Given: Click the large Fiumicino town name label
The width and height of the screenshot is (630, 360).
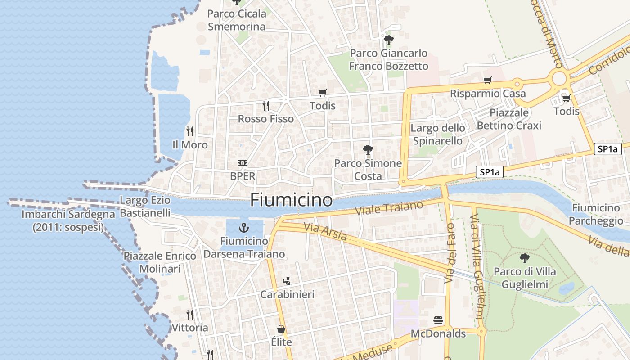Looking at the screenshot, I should tap(291, 200).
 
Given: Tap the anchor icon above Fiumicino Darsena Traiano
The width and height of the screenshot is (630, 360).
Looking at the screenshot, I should tap(244, 227).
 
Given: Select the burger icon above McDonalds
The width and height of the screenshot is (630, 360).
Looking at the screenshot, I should tap(438, 320).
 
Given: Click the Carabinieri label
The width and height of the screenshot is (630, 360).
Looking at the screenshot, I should tap(287, 294).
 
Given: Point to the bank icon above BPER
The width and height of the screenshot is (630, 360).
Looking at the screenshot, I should tap(243, 163).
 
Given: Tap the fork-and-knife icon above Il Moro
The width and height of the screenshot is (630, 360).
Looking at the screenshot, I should tap(190, 131).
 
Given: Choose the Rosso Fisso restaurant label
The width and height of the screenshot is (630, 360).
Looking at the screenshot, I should tap(265, 119).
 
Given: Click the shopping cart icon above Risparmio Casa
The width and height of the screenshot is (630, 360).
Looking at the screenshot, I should tap(487, 81).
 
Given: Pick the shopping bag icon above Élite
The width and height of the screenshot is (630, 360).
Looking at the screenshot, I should tap(281, 329).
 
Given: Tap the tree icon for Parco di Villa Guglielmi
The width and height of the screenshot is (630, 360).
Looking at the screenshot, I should tap(524, 258).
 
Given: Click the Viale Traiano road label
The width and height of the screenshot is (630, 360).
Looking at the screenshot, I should tap(389, 208).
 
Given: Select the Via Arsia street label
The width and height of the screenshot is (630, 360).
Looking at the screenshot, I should tap(325, 231).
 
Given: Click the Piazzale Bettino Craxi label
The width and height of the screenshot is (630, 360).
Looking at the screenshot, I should tap(509, 119).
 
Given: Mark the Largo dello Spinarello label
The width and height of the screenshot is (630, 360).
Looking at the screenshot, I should tap(437, 135).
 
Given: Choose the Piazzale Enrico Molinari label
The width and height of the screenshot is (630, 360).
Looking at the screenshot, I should tap(160, 262).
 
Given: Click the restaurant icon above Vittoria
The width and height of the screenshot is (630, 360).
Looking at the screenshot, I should tap(190, 314).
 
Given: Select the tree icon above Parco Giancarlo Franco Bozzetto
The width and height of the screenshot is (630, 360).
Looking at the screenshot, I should tap(389, 40).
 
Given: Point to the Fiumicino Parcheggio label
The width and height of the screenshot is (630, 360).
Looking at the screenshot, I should tap(596, 214).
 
